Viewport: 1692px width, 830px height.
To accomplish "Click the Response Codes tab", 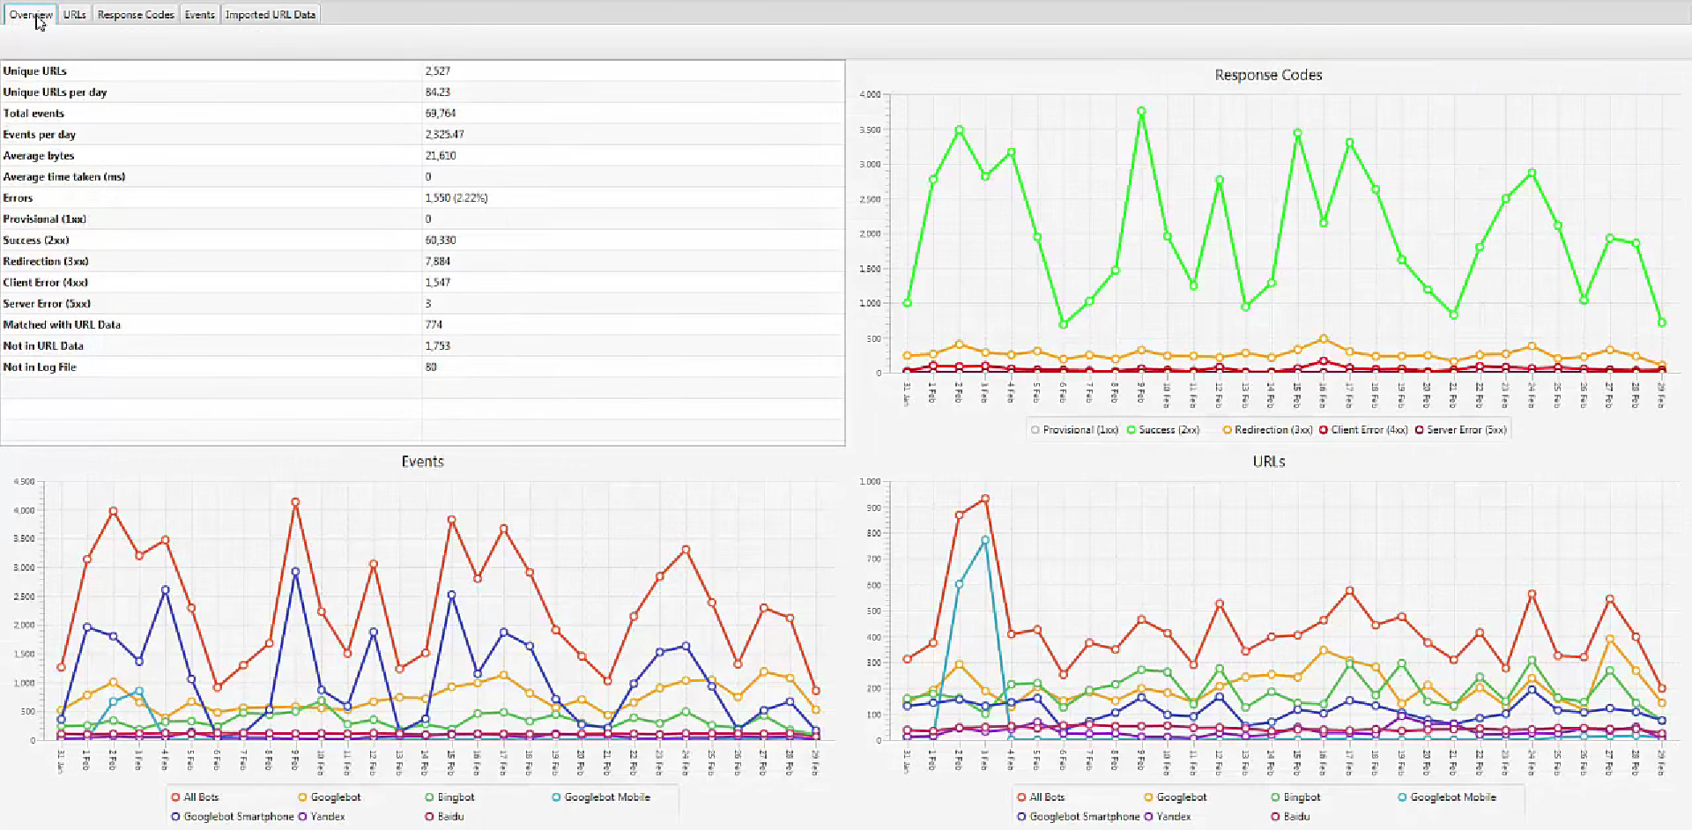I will coord(136,14).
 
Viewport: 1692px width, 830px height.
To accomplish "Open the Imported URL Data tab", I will coord(270,14).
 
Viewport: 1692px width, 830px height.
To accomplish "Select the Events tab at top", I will coord(199,14).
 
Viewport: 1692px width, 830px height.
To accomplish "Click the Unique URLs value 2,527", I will coord(437,70).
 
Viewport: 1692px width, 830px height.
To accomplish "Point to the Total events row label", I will coord(33,113).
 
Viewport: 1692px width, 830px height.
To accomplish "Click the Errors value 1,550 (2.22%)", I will coord(456,197).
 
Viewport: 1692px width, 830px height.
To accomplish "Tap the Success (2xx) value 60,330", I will coord(440,240).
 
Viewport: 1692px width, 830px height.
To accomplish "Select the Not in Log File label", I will coord(40,367).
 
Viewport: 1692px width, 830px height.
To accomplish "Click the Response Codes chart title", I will coord(1268,75).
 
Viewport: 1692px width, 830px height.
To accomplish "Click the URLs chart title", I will coord(1268,461).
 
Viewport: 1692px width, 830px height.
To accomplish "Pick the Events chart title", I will coord(422,461).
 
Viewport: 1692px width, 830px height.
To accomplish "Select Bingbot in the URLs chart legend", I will coord(1301,797).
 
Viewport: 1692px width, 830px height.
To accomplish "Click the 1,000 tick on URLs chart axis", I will coord(869,481).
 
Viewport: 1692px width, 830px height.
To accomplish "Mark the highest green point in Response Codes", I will coord(1141,111).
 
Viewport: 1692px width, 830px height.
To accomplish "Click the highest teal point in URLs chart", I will coord(984,540).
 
